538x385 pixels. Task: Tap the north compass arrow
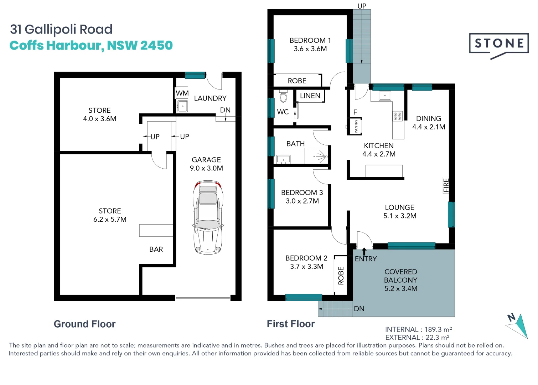(x=518, y=325)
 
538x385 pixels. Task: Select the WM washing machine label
(x=182, y=93)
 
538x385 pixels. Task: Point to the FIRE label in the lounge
(x=446, y=185)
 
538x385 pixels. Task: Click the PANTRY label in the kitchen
(x=356, y=127)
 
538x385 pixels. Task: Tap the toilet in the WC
(x=284, y=97)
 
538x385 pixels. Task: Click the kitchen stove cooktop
(x=398, y=116)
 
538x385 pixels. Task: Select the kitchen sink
(x=385, y=96)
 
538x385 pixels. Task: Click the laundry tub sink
(x=182, y=106)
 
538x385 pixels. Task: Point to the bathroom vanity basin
(x=283, y=159)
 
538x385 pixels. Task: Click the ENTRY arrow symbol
(x=364, y=251)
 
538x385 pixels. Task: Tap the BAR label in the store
(x=156, y=249)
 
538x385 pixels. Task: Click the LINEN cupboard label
(x=310, y=96)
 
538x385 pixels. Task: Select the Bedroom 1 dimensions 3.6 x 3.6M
(x=310, y=49)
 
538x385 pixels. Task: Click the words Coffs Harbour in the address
(x=57, y=46)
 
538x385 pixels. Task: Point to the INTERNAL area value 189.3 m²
(x=438, y=329)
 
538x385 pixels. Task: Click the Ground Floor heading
(x=84, y=324)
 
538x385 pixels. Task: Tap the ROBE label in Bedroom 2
(x=341, y=276)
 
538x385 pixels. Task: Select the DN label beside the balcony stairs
(x=359, y=309)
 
